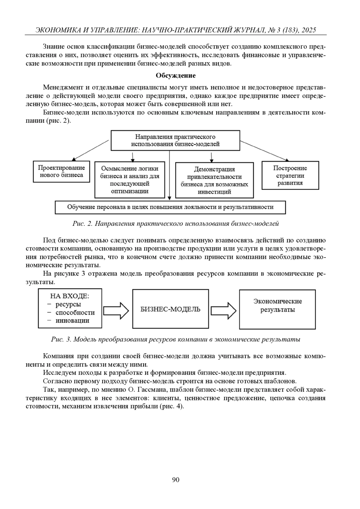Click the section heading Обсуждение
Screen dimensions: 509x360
(175, 76)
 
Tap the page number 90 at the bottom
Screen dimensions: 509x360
(176, 480)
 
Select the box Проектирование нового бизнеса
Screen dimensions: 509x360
(61, 171)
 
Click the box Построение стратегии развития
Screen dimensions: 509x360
(290, 176)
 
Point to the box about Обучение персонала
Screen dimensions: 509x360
(170, 207)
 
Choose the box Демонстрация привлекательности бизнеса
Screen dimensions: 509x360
(214, 180)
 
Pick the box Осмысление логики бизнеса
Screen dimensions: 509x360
(130, 180)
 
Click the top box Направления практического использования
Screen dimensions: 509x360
(175, 140)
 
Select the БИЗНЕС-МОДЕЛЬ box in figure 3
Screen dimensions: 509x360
(170, 309)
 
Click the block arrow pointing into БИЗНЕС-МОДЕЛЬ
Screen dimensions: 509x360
(116, 310)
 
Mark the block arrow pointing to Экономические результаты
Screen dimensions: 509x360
(223, 310)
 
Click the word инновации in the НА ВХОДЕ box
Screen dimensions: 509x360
(72, 320)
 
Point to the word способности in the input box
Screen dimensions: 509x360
(75, 312)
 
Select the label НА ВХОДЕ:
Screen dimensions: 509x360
(70, 296)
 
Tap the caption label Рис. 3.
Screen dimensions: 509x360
(61, 339)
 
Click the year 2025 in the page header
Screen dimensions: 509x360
(309, 30)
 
